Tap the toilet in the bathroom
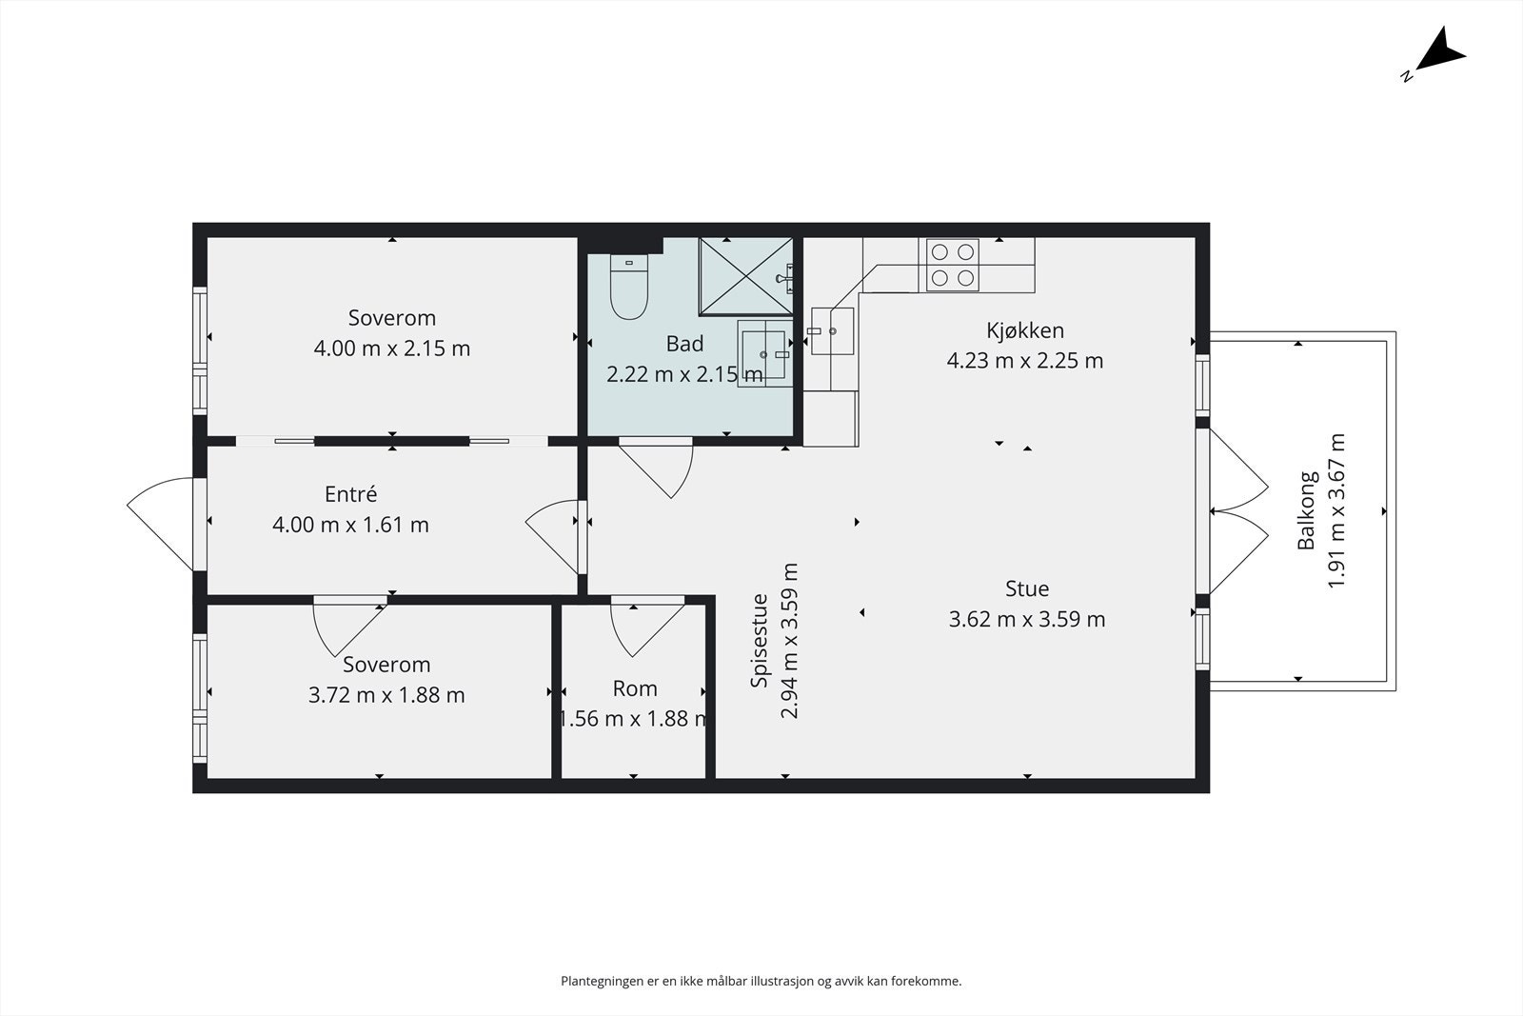629,287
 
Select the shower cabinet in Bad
746,277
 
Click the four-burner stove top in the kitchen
953,265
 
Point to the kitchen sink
832,331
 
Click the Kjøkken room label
1025,330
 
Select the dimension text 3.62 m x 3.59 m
1027,620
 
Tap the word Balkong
1307,510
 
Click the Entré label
351,494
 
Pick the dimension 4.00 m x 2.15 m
391,349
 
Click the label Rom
635,688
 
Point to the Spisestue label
759,641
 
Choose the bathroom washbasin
765,353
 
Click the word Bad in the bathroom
684,344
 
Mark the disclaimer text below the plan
761,982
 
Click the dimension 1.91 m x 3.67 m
1336,510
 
